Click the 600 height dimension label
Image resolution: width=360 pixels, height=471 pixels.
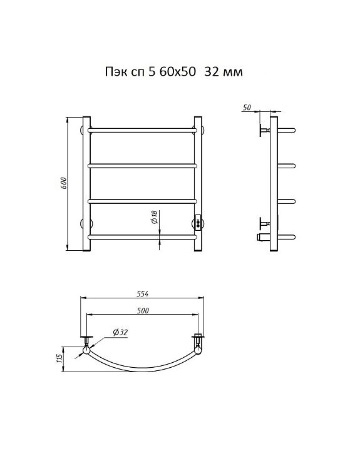coord(63,183)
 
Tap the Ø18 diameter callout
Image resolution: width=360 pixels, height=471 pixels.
coord(155,217)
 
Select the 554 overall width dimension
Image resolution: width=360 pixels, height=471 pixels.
coord(143,294)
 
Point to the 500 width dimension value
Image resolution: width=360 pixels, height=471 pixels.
coord(143,310)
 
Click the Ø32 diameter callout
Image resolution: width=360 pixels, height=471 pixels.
coord(120,332)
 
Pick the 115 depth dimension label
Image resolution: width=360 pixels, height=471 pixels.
coord(59,358)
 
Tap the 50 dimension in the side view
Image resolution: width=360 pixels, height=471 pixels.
coord(247,107)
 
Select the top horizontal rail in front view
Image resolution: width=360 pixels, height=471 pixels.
coord(142,130)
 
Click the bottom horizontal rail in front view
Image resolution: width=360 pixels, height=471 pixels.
coord(142,237)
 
